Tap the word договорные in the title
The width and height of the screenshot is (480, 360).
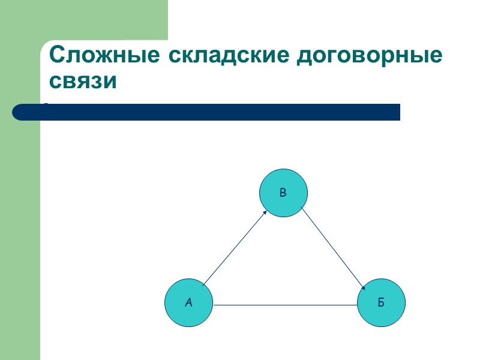(x=370, y=55)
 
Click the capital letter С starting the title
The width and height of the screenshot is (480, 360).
(x=58, y=55)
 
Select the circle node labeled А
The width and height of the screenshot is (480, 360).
(x=189, y=303)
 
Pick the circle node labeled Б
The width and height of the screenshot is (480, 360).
(x=381, y=303)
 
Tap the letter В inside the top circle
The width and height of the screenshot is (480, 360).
(x=283, y=193)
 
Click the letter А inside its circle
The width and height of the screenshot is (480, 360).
(x=189, y=303)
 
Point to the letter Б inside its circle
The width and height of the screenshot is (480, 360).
(x=381, y=303)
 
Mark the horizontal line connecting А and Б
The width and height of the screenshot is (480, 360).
(x=285, y=305)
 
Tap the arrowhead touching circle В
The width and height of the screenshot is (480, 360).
(x=265, y=211)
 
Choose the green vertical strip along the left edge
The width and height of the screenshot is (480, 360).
(x=20, y=240)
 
